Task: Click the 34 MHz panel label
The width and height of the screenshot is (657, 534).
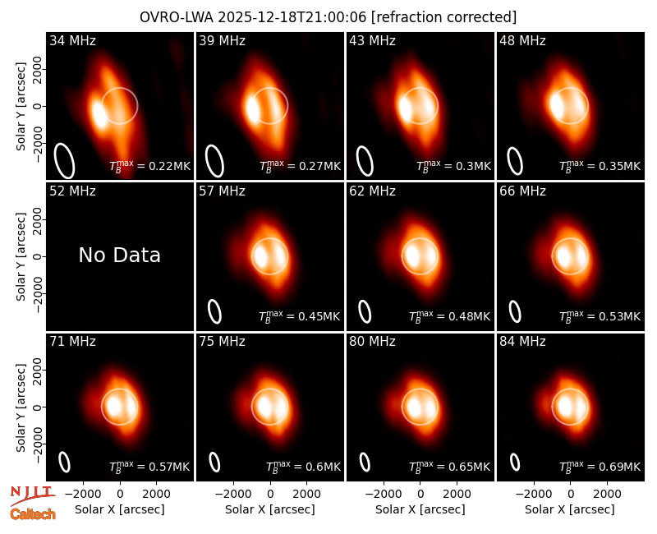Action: click(x=72, y=40)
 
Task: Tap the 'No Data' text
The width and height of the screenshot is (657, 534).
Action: click(x=119, y=255)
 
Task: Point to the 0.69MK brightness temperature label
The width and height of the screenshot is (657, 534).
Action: click(x=600, y=467)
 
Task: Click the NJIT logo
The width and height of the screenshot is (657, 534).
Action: click(x=33, y=495)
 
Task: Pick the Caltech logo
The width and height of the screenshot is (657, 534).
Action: click(x=33, y=514)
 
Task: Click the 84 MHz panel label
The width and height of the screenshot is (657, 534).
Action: click(x=522, y=342)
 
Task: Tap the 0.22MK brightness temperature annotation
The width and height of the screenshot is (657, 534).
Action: click(x=150, y=166)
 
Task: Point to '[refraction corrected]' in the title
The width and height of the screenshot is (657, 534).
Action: click(x=443, y=17)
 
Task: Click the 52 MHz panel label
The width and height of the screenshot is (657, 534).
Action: click(x=72, y=191)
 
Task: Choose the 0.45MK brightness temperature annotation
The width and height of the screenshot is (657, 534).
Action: click(x=300, y=316)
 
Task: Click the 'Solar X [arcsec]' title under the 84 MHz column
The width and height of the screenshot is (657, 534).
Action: click(x=570, y=509)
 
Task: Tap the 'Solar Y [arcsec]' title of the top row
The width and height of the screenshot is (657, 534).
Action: click(x=21, y=107)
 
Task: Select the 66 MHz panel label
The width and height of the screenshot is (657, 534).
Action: click(x=522, y=191)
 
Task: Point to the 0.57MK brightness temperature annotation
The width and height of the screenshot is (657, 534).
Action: click(x=149, y=467)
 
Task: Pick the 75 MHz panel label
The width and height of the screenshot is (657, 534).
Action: click(x=222, y=342)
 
